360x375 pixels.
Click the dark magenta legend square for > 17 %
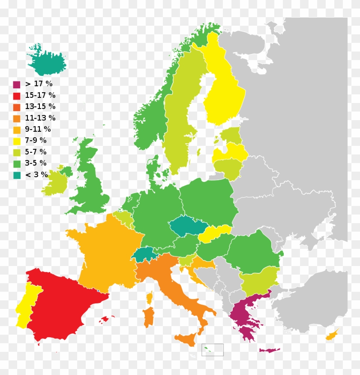click(17, 85)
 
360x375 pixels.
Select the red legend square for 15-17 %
click(17, 96)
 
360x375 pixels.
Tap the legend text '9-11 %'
click(38, 129)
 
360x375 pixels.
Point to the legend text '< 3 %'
click(36, 175)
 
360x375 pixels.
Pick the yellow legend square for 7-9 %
click(17, 141)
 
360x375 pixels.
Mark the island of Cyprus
click(332, 334)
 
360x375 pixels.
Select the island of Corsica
click(150, 297)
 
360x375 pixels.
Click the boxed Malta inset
click(213, 350)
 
